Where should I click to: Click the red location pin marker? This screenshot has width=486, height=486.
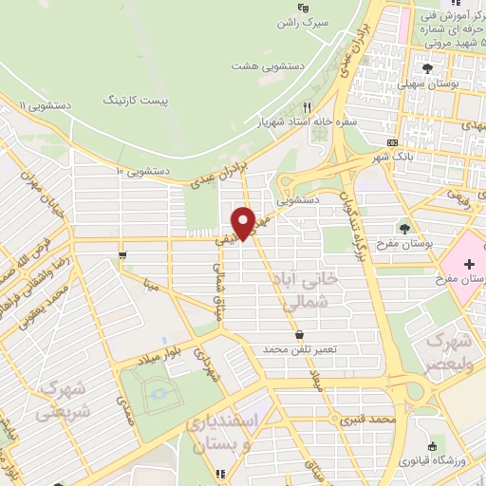(x=246, y=222)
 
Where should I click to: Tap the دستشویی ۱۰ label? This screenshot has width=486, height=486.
(x=141, y=171)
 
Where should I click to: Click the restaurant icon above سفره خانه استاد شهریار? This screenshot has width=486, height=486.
(x=306, y=107)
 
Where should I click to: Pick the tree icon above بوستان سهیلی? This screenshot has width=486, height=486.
(x=428, y=68)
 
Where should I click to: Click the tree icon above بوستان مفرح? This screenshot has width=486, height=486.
(x=406, y=228)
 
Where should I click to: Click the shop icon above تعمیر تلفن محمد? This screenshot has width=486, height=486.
(x=301, y=334)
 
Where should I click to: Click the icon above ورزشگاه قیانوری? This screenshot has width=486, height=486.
(x=433, y=446)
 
